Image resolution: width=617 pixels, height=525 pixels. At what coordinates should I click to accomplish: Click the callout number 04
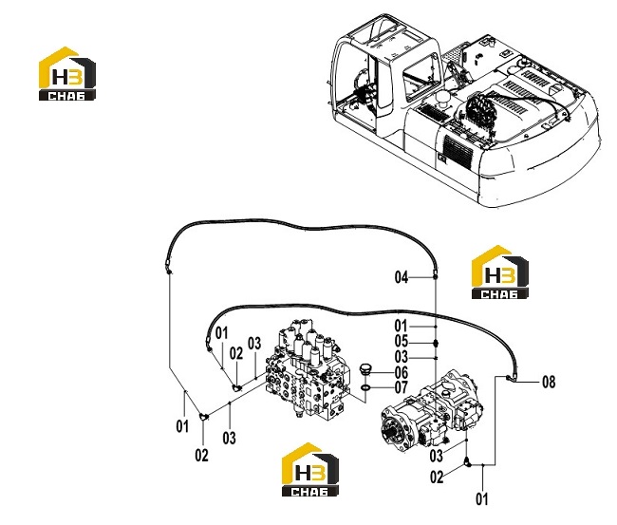coord(402,277)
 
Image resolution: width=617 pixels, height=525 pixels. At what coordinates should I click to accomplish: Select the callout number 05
coord(402,341)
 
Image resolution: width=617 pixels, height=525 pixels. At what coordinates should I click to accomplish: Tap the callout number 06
coord(402,372)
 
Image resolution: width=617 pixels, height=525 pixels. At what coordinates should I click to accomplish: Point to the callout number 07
coord(402,387)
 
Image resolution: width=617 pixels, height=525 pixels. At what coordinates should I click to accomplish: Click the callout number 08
coord(549,382)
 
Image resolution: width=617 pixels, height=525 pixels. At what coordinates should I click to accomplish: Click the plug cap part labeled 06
coord(365,370)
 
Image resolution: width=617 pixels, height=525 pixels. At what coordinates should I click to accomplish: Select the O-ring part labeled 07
coord(365,388)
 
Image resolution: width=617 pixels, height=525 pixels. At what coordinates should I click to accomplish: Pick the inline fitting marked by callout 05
coord(436,343)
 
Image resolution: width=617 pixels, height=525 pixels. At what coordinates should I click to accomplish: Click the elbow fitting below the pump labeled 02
coord(468,461)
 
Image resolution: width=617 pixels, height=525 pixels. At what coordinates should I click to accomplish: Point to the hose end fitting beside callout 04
coord(435,273)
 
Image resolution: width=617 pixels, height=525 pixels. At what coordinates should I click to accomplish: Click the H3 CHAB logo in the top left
coord(67,74)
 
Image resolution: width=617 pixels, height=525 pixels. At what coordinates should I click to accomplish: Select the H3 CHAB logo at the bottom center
coord(310,469)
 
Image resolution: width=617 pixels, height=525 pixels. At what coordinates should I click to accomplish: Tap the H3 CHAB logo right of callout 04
coord(500,272)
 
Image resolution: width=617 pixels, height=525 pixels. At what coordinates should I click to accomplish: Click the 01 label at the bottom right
coord(482,499)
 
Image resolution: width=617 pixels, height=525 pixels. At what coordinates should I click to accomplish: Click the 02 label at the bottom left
coord(201,456)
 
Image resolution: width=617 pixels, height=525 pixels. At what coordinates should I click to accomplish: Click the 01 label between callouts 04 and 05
coord(402,326)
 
